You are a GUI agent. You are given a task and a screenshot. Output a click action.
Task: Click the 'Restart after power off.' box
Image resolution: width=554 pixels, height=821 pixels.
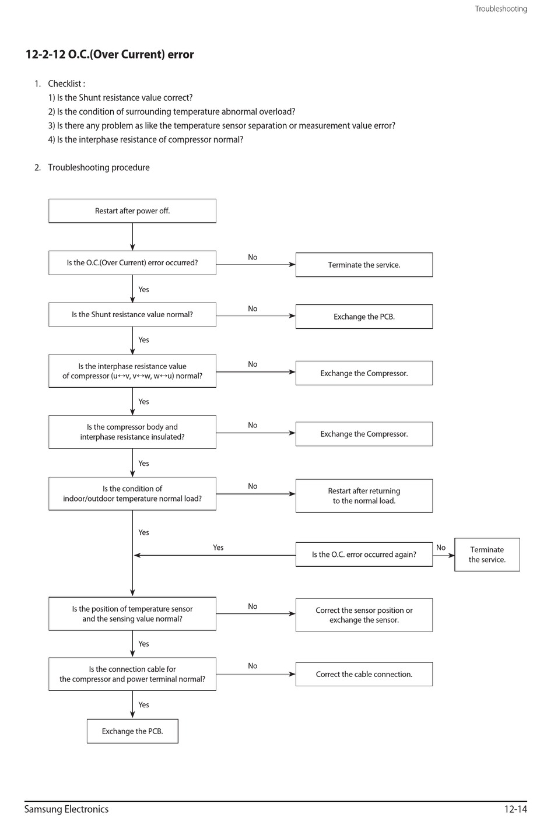point(132,210)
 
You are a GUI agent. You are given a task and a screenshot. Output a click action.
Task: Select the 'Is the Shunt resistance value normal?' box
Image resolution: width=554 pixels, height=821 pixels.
point(132,314)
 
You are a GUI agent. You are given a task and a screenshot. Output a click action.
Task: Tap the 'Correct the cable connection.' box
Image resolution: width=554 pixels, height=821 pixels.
point(364,674)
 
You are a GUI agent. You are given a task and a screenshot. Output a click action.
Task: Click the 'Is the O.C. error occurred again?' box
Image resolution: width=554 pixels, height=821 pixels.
point(364,555)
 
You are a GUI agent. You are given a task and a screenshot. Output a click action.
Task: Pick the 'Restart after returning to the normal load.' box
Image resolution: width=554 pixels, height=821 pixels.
point(364,496)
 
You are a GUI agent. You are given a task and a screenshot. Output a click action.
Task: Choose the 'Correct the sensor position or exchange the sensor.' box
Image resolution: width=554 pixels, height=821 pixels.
point(364,615)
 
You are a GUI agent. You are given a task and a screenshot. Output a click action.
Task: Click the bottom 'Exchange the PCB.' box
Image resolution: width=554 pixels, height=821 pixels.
point(132,731)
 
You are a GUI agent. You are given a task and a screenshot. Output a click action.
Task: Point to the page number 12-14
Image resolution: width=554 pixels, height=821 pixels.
point(516,809)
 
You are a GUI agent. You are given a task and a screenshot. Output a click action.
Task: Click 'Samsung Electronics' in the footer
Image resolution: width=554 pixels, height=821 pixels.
point(66,809)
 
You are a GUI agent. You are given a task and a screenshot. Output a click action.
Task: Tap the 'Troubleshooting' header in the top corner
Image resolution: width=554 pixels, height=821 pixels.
point(501,9)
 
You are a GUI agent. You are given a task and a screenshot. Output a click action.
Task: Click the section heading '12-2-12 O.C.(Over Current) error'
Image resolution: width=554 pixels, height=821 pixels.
point(110,55)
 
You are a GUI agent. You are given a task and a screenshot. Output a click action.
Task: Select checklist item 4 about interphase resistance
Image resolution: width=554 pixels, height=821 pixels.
point(146,139)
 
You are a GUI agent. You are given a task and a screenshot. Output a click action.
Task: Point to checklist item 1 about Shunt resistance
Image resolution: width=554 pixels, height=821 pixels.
point(120,98)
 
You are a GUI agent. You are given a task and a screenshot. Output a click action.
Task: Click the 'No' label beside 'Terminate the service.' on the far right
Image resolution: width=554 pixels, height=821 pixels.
point(441,548)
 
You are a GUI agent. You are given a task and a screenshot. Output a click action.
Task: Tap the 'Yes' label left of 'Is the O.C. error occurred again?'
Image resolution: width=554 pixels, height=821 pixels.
point(218,548)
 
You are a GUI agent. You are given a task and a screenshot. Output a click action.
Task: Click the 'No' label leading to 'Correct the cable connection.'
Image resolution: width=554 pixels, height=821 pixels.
point(253,666)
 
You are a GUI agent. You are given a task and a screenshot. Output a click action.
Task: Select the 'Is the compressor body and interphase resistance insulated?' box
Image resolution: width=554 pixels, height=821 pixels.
point(132,431)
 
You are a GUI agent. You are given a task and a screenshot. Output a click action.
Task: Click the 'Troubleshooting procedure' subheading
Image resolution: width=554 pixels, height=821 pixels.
point(99,167)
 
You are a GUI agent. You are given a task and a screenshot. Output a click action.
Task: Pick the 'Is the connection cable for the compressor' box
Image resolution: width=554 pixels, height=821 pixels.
point(132,674)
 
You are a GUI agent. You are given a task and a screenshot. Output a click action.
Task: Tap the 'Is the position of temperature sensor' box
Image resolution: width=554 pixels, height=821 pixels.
point(132,614)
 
